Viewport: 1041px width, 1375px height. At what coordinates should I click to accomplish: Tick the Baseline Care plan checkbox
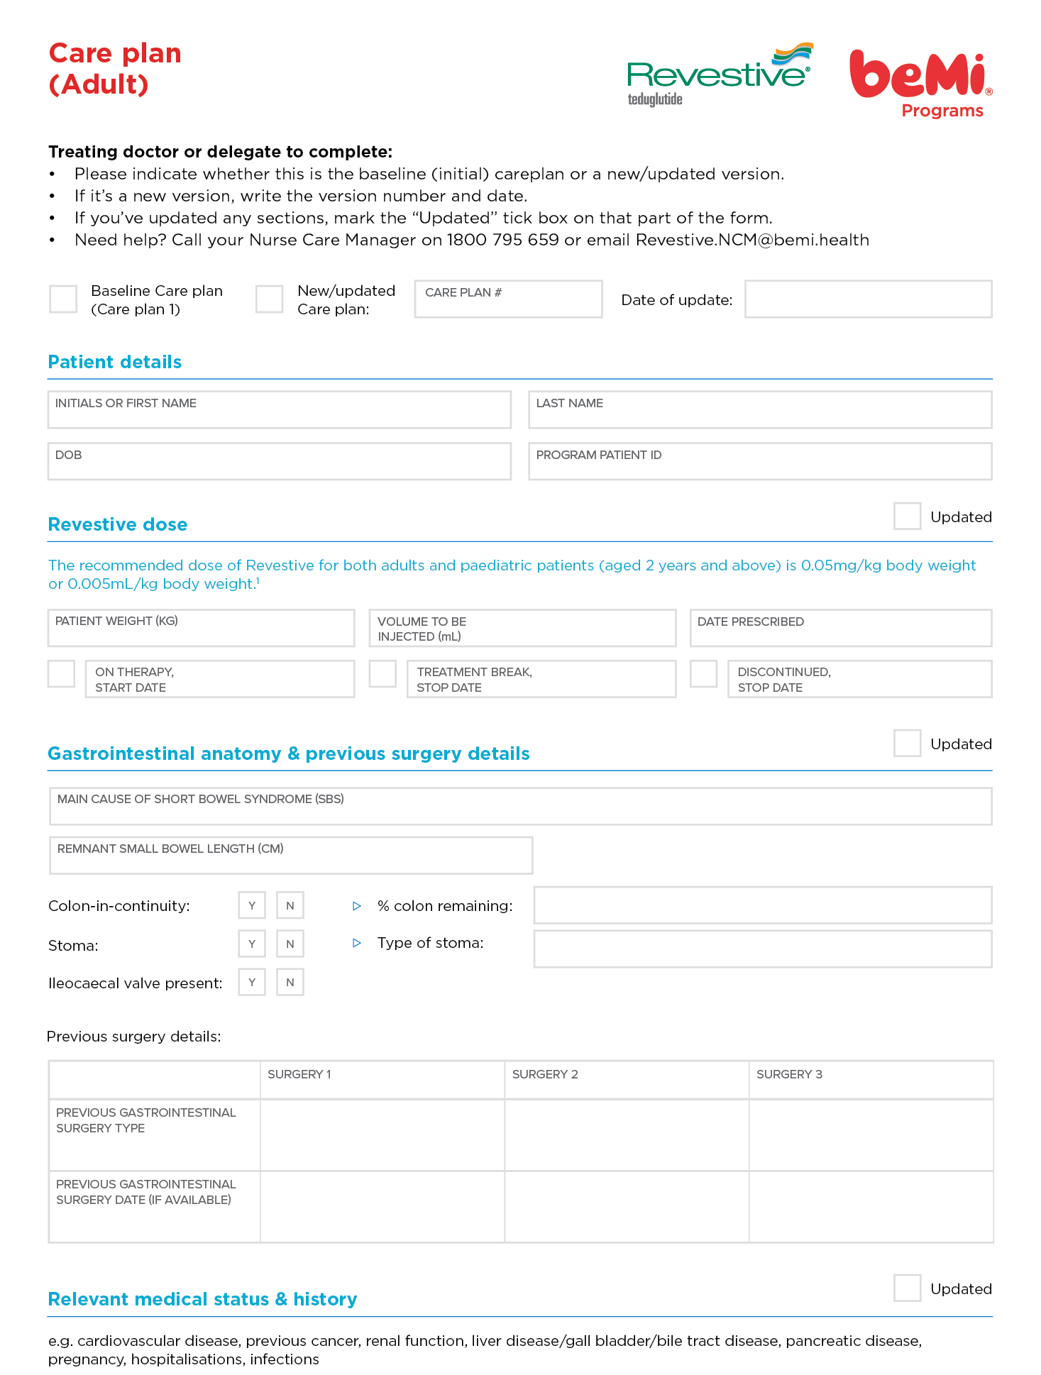(x=63, y=299)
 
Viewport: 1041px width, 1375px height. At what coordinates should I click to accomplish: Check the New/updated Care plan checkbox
(x=270, y=299)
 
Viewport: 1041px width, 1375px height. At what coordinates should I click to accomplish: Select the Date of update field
(x=868, y=299)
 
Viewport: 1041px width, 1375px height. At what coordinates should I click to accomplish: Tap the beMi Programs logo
(x=920, y=82)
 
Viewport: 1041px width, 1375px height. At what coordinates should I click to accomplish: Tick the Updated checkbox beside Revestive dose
(x=907, y=516)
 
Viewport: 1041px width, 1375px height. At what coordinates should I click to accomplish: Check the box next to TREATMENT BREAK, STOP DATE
(x=382, y=674)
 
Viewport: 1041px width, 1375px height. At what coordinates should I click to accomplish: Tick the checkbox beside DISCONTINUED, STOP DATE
(x=704, y=674)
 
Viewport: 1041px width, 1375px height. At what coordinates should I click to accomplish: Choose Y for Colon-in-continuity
(x=252, y=905)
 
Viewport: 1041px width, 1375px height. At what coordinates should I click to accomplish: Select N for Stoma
(x=290, y=944)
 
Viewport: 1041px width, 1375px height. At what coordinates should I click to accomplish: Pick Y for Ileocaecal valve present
(x=252, y=982)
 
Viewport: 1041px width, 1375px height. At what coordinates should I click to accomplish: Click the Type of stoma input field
(x=762, y=949)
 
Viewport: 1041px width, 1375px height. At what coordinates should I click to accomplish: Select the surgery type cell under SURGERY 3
(x=871, y=1134)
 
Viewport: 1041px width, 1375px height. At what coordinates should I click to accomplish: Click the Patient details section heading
(x=115, y=362)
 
